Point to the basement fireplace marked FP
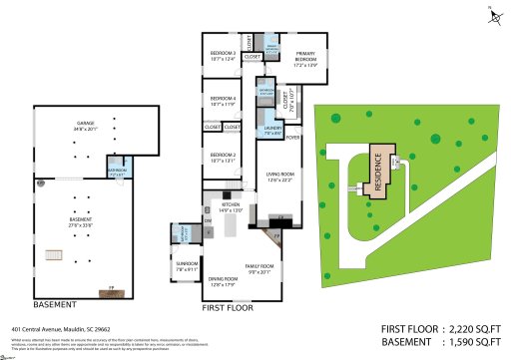(112, 290)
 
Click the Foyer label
(292, 138)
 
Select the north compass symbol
(490, 13)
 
